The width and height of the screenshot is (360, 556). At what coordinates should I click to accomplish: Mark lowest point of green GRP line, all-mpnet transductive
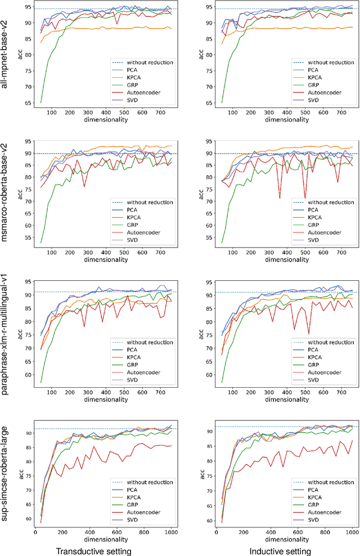41,102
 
